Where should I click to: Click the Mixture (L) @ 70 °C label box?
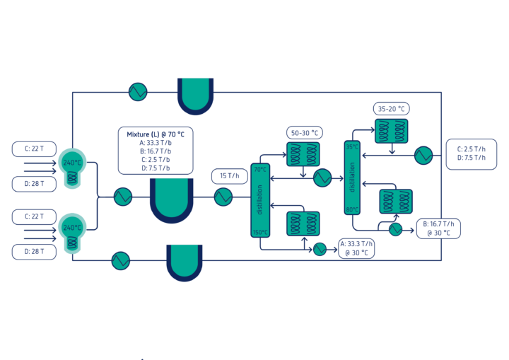(x=155, y=151)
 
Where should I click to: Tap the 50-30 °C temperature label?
(x=304, y=133)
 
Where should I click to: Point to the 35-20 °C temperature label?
(x=391, y=109)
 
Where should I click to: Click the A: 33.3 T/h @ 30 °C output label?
(x=356, y=248)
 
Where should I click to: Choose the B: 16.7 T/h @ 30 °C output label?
(x=438, y=228)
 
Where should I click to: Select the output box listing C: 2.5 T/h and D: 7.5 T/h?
(x=471, y=153)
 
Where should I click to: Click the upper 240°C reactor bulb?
(x=72, y=166)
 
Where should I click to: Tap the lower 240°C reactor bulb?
(x=72, y=231)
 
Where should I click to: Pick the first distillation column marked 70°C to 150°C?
(x=260, y=200)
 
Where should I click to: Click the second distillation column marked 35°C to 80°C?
(x=351, y=177)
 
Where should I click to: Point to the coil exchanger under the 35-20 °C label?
(x=391, y=131)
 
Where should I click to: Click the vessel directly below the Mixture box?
(x=171, y=198)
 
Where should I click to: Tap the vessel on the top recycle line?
(x=195, y=94)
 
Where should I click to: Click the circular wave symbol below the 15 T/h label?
(x=223, y=197)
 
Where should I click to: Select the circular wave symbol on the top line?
(x=137, y=92)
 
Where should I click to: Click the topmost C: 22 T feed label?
(x=34, y=149)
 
